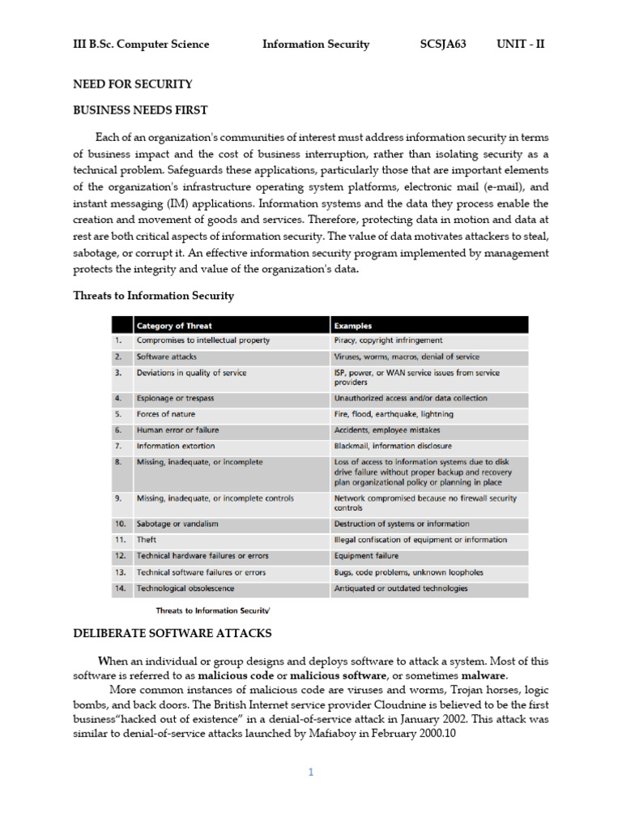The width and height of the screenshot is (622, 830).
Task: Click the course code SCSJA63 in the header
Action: pyautogui.click(x=443, y=45)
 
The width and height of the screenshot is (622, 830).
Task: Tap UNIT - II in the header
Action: pyautogui.click(x=521, y=45)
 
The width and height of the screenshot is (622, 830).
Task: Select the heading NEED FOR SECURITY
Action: pyautogui.click(x=133, y=84)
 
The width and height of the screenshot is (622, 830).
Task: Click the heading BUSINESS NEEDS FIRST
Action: pyautogui.click(x=141, y=110)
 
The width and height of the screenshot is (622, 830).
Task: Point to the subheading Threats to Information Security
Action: pyautogui.click(x=154, y=296)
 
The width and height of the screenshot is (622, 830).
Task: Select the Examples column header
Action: pyautogui.click(x=354, y=326)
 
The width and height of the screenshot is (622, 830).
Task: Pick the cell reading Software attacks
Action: pyautogui.click(x=167, y=357)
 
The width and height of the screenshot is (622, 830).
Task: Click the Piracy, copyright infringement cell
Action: pyautogui.click(x=389, y=340)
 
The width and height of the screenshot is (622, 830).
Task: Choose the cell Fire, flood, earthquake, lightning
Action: pyautogui.click(x=395, y=414)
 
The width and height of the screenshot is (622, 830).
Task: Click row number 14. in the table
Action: pyautogui.click(x=121, y=588)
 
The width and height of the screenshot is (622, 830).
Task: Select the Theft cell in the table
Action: pyautogui.click(x=147, y=540)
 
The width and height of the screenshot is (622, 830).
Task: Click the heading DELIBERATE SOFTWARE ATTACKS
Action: pyautogui.click(x=173, y=633)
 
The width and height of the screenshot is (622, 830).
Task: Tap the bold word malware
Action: pyautogui.click(x=484, y=675)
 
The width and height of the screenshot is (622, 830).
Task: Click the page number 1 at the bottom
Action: pyautogui.click(x=310, y=772)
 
